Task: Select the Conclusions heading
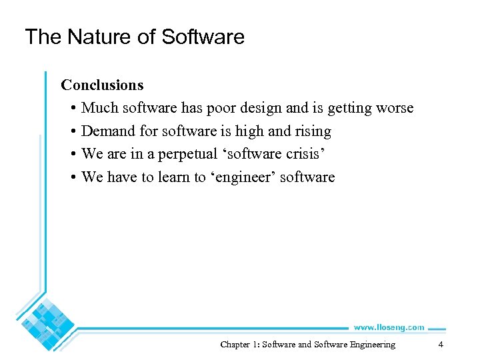click(x=102, y=85)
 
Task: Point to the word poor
click(x=252, y=108)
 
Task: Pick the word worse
click(x=394, y=108)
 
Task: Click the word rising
click(x=313, y=131)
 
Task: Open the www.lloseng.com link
click(x=389, y=327)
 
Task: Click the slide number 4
click(x=441, y=345)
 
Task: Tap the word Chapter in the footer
click(x=235, y=345)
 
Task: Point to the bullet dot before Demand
click(x=71, y=131)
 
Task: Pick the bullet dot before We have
click(x=71, y=177)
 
